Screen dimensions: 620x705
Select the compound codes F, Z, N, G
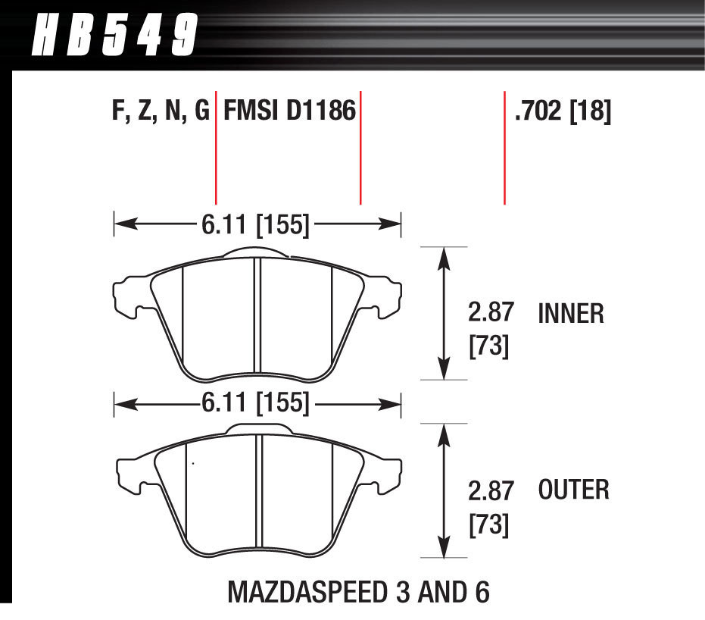pos(160,112)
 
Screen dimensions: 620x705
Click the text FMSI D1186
pos(289,112)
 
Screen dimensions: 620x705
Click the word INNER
pos(571,313)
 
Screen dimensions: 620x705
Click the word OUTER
pos(573,490)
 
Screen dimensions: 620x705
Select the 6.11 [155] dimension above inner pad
pos(255,224)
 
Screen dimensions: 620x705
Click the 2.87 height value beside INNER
pos(491,312)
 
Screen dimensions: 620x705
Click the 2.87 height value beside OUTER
pos(491,490)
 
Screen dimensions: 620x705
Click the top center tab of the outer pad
pos(257,429)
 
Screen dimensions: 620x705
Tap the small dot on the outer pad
pos(193,463)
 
